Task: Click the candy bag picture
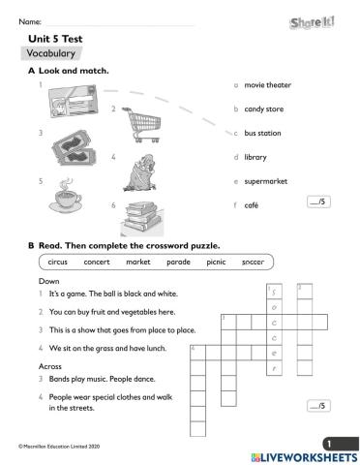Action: click(x=140, y=170)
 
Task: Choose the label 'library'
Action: click(x=255, y=157)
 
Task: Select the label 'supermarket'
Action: click(x=265, y=181)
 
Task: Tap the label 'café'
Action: click(x=251, y=205)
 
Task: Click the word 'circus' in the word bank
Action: click(x=57, y=262)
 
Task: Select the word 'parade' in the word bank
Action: click(x=179, y=262)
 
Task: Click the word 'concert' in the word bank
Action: click(x=97, y=262)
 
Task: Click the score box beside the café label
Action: click(x=316, y=202)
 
